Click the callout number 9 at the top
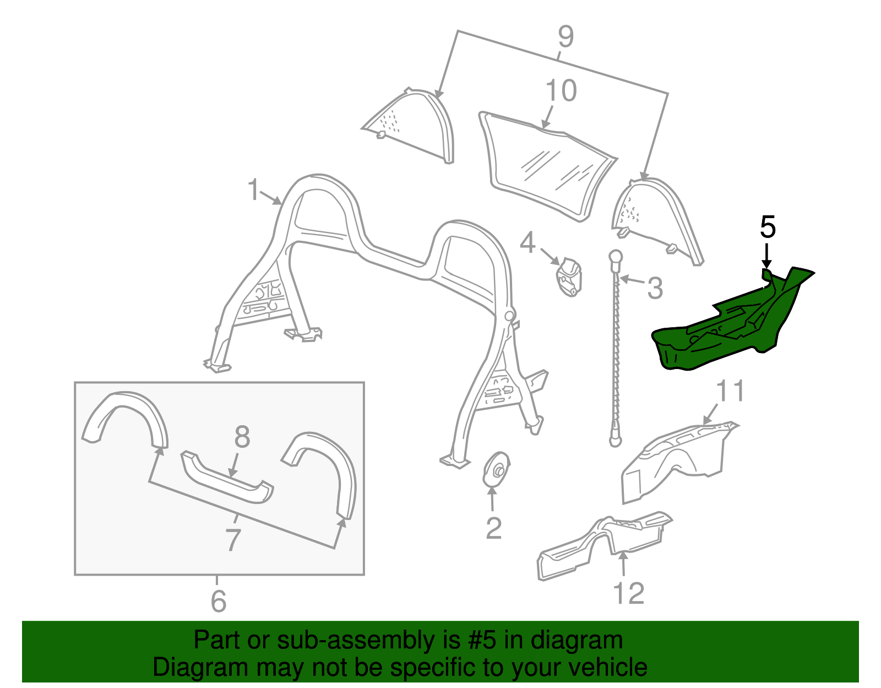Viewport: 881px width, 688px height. click(x=565, y=37)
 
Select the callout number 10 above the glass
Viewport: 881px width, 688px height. click(x=561, y=91)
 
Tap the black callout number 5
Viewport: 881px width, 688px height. click(x=768, y=227)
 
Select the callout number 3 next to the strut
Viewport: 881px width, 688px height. click(x=655, y=288)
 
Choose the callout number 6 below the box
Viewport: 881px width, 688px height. click(x=218, y=601)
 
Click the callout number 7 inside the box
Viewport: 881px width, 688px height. click(x=233, y=540)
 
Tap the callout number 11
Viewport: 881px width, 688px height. click(x=730, y=392)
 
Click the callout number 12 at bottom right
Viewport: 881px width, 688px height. click(x=628, y=594)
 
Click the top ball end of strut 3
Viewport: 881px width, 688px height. click(x=615, y=257)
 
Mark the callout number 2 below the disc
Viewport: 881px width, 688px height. click(x=493, y=528)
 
